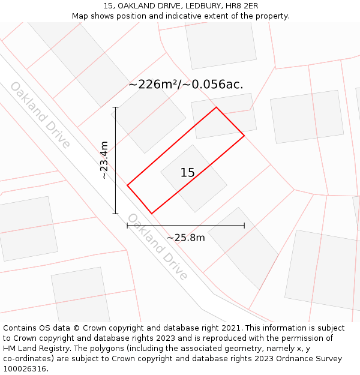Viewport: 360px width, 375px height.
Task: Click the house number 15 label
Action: [x=187, y=173]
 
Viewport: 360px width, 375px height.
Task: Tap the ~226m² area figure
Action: [x=154, y=85]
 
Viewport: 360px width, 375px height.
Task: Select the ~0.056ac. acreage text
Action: [x=214, y=85]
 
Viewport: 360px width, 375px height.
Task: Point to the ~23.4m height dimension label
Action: [x=104, y=160]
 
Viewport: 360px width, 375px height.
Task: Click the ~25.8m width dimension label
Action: [x=186, y=238]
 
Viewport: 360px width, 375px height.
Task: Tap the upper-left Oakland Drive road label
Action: [x=40, y=115]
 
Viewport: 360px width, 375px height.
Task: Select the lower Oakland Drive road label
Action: [x=158, y=246]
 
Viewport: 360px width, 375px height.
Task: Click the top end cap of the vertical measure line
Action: [x=115, y=107]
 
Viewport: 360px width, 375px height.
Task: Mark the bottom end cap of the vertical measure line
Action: [x=115, y=213]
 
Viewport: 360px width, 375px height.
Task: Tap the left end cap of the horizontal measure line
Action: [x=127, y=226]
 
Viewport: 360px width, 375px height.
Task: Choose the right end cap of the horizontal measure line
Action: [x=244, y=226]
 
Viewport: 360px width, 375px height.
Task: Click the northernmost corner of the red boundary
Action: [x=216, y=107]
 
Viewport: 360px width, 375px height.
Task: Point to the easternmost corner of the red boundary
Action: [x=244, y=136]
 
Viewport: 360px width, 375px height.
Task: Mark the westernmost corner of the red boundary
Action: [x=127, y=185]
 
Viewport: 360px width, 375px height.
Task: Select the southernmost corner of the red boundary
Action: [x=151, y=213]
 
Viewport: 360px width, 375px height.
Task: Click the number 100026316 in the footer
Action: [x=25, y=369]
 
